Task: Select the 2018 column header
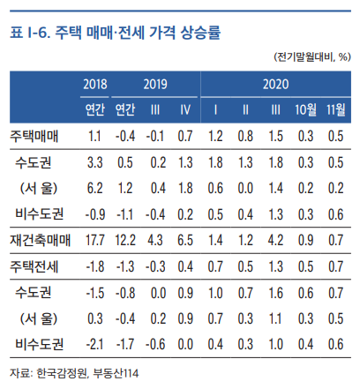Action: click(x=94, y=85)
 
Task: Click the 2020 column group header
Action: click(x=274, y=85)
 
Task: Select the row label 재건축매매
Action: click(x=39, y=239)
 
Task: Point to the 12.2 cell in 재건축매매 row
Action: click(x=126, y=239)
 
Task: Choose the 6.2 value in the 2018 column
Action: click(x=96, y=188)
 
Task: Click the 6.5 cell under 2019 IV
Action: click(x=185, y=239)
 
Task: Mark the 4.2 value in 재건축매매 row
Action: click(x=275, y=239)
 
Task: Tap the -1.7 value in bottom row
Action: click(x=126, y=342)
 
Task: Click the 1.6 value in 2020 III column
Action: click(x=275, y=291)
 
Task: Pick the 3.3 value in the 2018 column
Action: click(x=96, y=162)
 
